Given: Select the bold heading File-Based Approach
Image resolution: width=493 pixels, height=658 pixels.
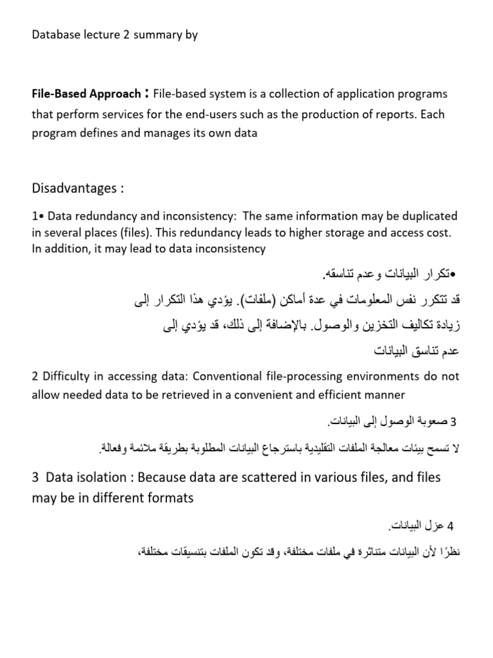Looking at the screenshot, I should coord(86,94).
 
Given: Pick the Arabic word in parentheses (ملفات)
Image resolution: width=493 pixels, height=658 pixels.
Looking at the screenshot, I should coord(265,301).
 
